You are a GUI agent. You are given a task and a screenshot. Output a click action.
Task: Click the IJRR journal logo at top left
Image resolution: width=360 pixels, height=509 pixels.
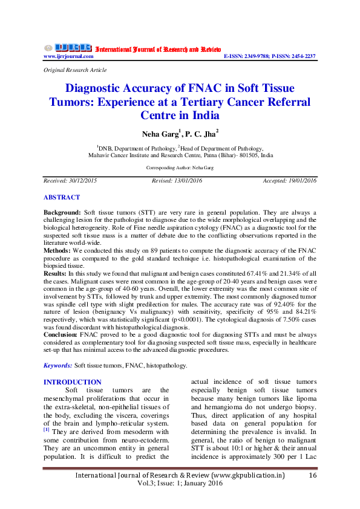click(x=68, y=48)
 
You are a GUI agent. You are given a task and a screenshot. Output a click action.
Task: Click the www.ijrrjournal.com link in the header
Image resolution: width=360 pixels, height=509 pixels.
click(x=68, y=56)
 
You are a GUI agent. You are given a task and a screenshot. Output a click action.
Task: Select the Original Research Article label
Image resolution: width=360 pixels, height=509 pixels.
click(x=75, y=71)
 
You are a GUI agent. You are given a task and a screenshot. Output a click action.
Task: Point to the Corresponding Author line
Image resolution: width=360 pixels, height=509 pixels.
click(x=180, y=167)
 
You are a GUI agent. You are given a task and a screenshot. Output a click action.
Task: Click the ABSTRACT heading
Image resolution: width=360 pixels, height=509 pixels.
click(x=62, y=198)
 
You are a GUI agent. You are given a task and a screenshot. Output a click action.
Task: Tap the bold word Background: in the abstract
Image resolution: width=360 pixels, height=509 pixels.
click(x=62, y=213)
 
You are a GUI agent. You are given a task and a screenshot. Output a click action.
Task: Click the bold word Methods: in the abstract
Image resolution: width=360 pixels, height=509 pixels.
click(x=57, y=250)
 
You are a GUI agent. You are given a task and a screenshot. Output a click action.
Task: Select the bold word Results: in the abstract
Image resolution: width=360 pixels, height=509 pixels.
click(x=56, y=274)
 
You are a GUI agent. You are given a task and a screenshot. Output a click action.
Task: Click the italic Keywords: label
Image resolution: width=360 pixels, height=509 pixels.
click(x=57, y=366)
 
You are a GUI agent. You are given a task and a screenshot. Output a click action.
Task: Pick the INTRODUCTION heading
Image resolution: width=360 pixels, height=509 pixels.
click(x=73, y=382)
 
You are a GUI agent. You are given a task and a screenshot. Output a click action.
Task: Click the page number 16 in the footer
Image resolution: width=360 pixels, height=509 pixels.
click(x=313, y=476)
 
